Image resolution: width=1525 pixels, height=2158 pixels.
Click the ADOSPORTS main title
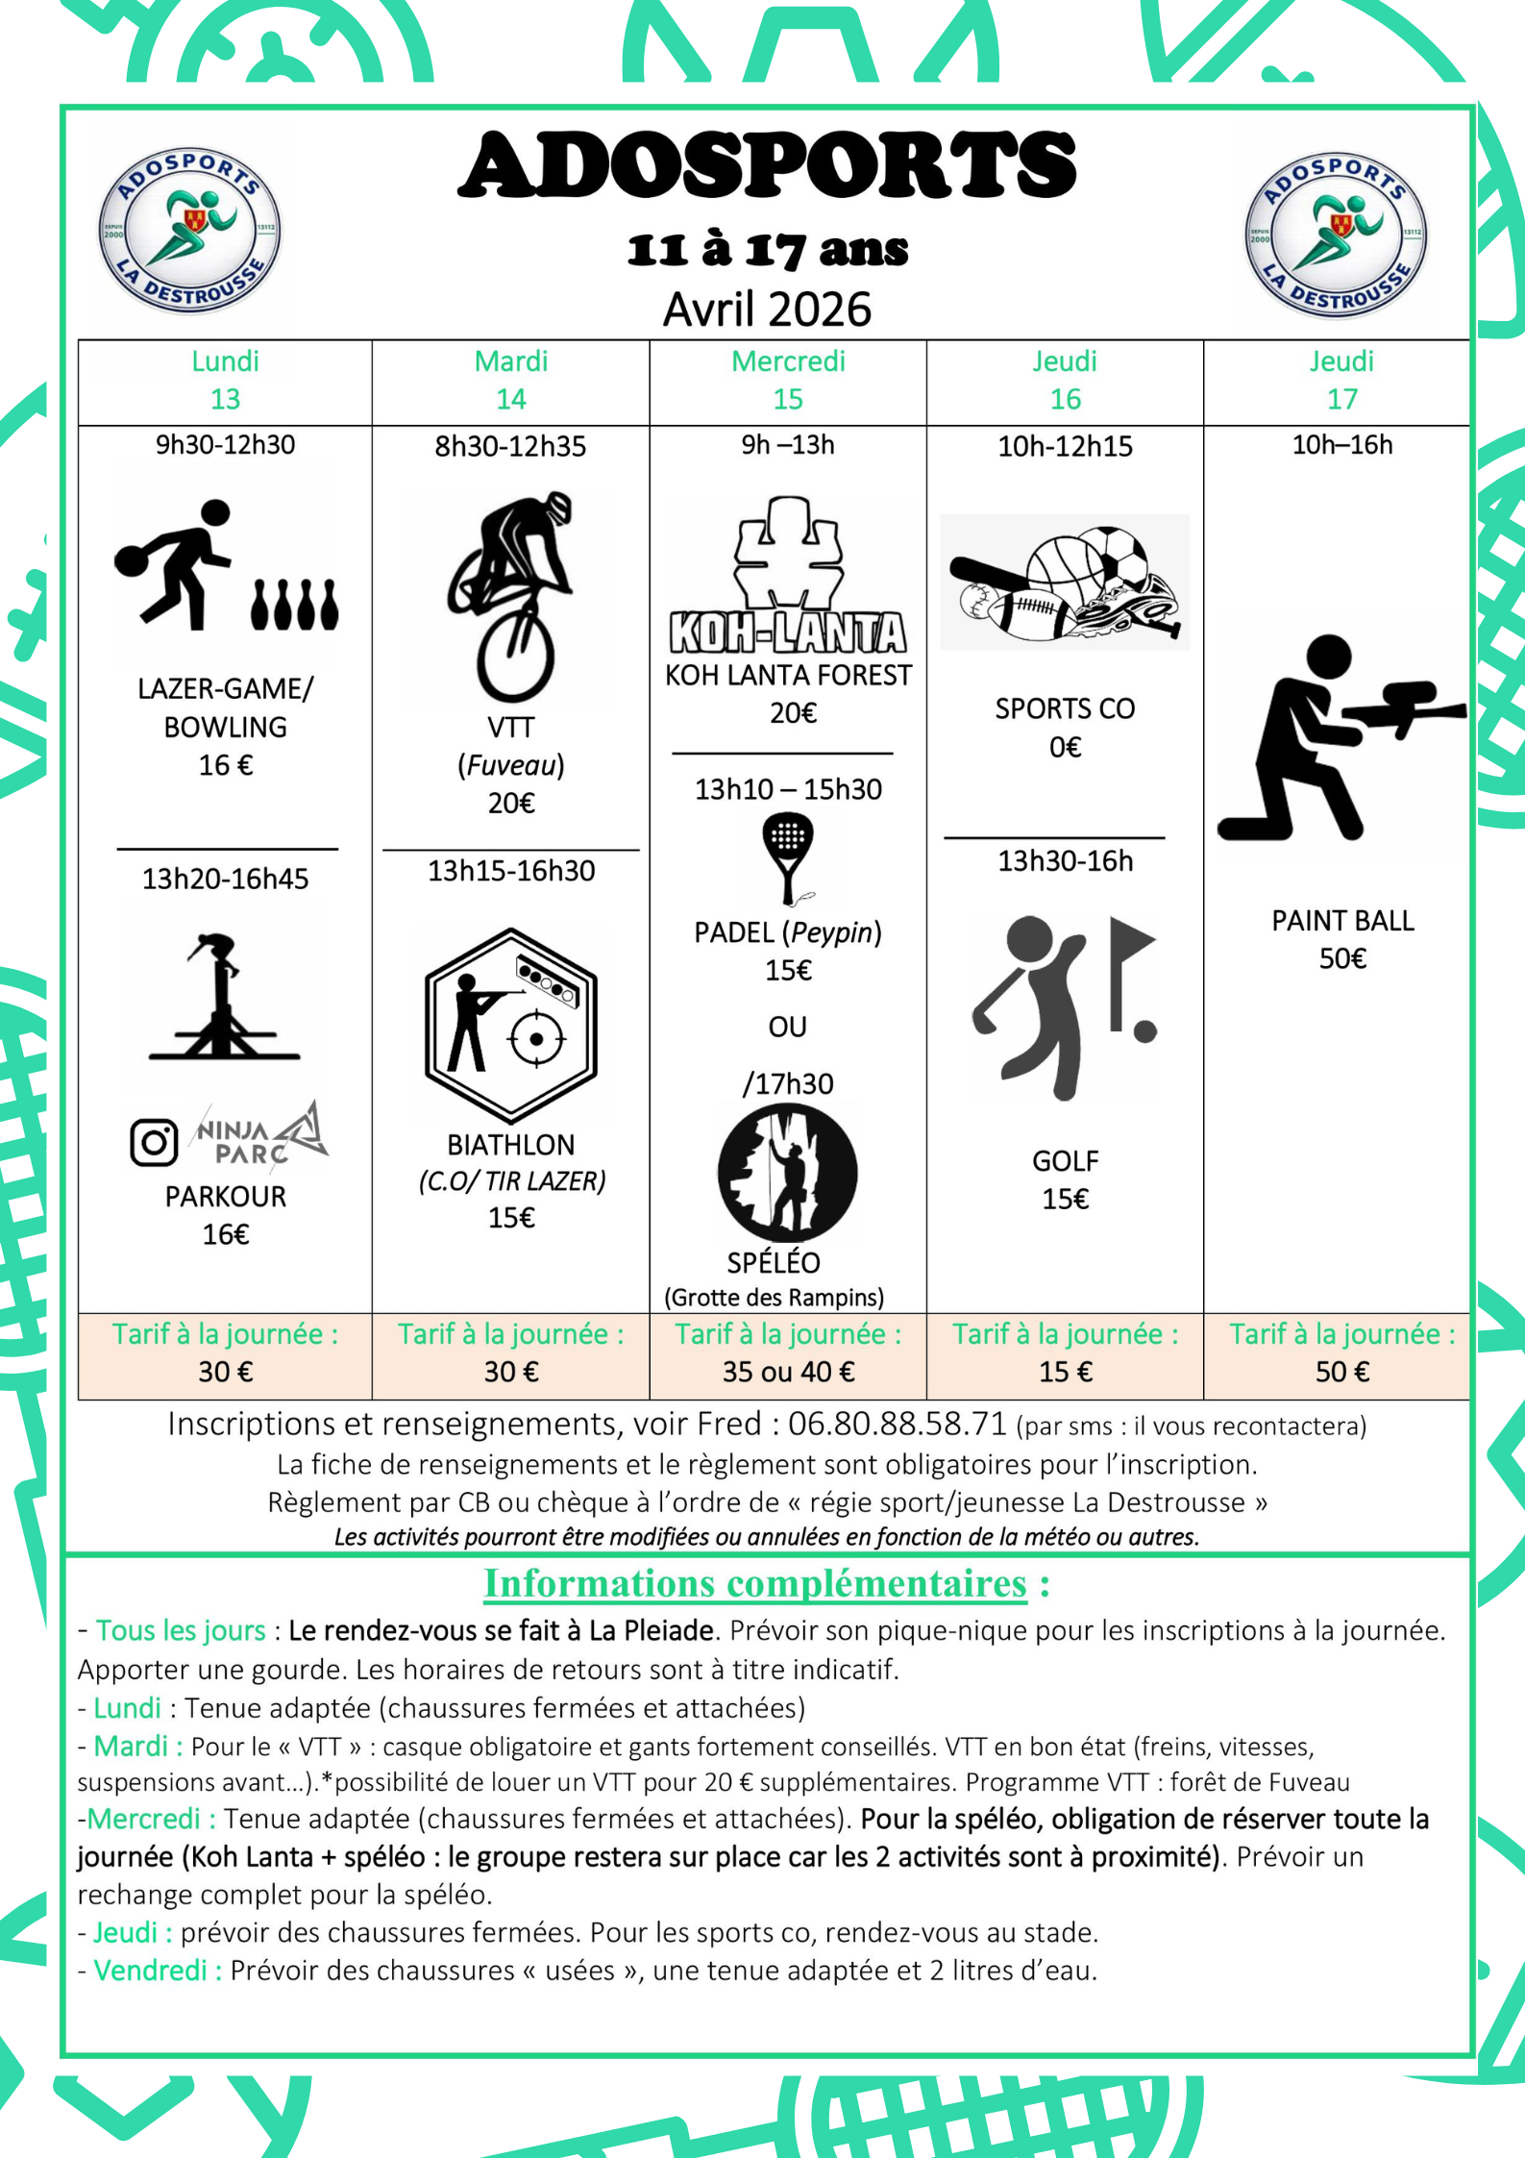[767, 165]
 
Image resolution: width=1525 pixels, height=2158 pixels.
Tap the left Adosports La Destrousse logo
[189, 231]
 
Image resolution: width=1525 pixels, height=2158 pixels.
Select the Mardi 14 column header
[510, 381]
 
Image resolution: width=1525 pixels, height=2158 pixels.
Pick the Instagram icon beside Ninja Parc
[154, 1142]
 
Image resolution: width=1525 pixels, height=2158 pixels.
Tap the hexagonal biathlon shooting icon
[510, 1025]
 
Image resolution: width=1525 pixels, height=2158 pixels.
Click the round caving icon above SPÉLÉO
[787, 1173]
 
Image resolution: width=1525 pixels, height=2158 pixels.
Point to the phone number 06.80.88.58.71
[897, 1424]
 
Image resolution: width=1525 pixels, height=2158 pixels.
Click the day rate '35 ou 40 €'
[788, 1372]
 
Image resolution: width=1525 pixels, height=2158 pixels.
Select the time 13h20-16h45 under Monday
[226, 879]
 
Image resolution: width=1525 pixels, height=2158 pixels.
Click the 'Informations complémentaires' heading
[755, 1583]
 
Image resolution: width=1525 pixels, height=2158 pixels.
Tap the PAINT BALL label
[1342, 921]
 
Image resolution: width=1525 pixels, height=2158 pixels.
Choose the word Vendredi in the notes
[150, 1971]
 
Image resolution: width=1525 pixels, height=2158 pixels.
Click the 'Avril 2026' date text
[767, 310]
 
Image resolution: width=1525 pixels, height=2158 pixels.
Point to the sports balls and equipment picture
[1064, 582]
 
